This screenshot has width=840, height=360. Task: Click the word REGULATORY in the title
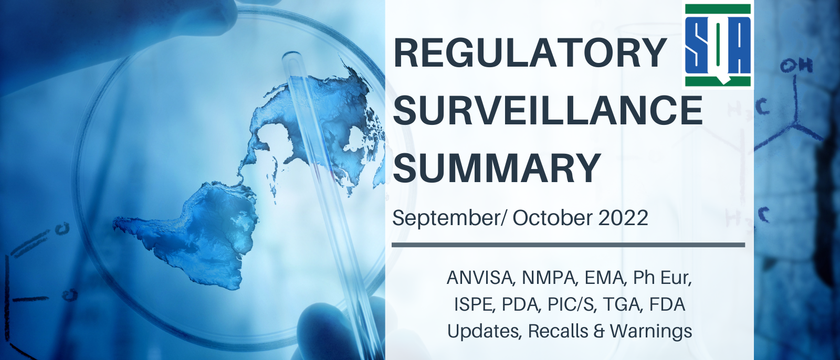(530, 53)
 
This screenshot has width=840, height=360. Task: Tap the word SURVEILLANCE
(548, 110)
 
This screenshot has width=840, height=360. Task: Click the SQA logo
(718, 45)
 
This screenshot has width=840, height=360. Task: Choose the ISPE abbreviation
(473, 304)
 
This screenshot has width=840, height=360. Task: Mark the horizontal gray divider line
(569, 245)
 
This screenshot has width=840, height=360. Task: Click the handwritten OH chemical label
(796, 66)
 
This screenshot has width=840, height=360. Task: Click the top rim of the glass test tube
(292, 56)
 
